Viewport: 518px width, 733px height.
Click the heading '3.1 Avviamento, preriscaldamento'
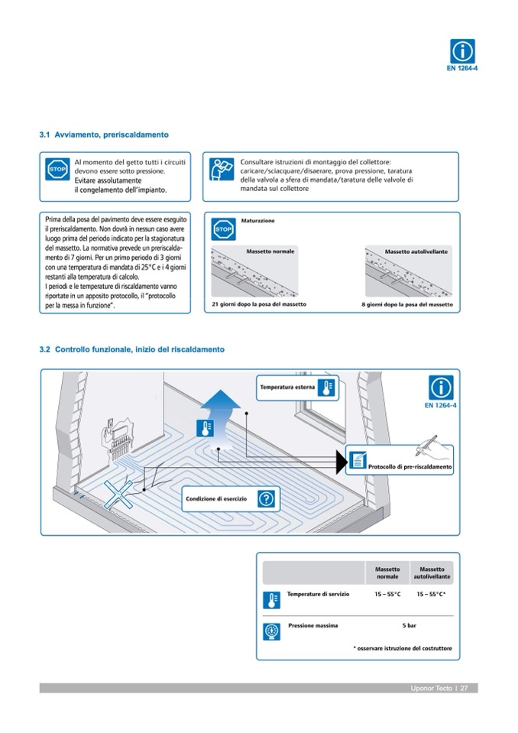pos(104,135)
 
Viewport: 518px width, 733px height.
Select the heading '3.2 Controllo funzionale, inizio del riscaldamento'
pos(132,349)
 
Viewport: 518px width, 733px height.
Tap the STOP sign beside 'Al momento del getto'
pos(57,169)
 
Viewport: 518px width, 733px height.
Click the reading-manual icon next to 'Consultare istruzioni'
pos(222,169)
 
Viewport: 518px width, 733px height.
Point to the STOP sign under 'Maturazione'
pos(222,229)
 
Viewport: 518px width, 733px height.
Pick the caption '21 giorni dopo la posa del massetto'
pos(259,304)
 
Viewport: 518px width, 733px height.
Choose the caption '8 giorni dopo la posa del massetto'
pos(406,304)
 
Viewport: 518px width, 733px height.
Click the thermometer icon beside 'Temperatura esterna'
pos(326,388)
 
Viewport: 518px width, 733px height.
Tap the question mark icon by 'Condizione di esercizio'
pos(265,499)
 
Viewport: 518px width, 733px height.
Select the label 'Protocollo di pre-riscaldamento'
pos(410,466)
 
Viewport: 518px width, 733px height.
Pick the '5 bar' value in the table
pos(409,625)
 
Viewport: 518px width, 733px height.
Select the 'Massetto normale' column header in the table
pos(387,572)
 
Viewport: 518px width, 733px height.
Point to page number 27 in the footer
pos(464,689)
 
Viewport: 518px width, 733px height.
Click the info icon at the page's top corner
pos(461,52)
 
